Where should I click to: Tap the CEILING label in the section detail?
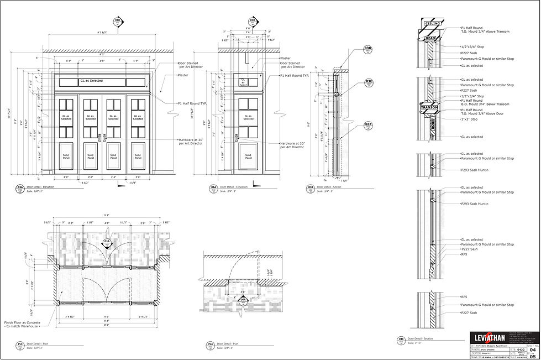tap(431, 24)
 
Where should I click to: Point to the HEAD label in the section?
tap(431, 38)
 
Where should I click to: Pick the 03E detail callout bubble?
tap(369, 83)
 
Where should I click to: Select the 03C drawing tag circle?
tap(402, 340)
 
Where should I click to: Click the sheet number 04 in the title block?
tap(532, 350)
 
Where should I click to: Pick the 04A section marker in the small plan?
tap(243, 301)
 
